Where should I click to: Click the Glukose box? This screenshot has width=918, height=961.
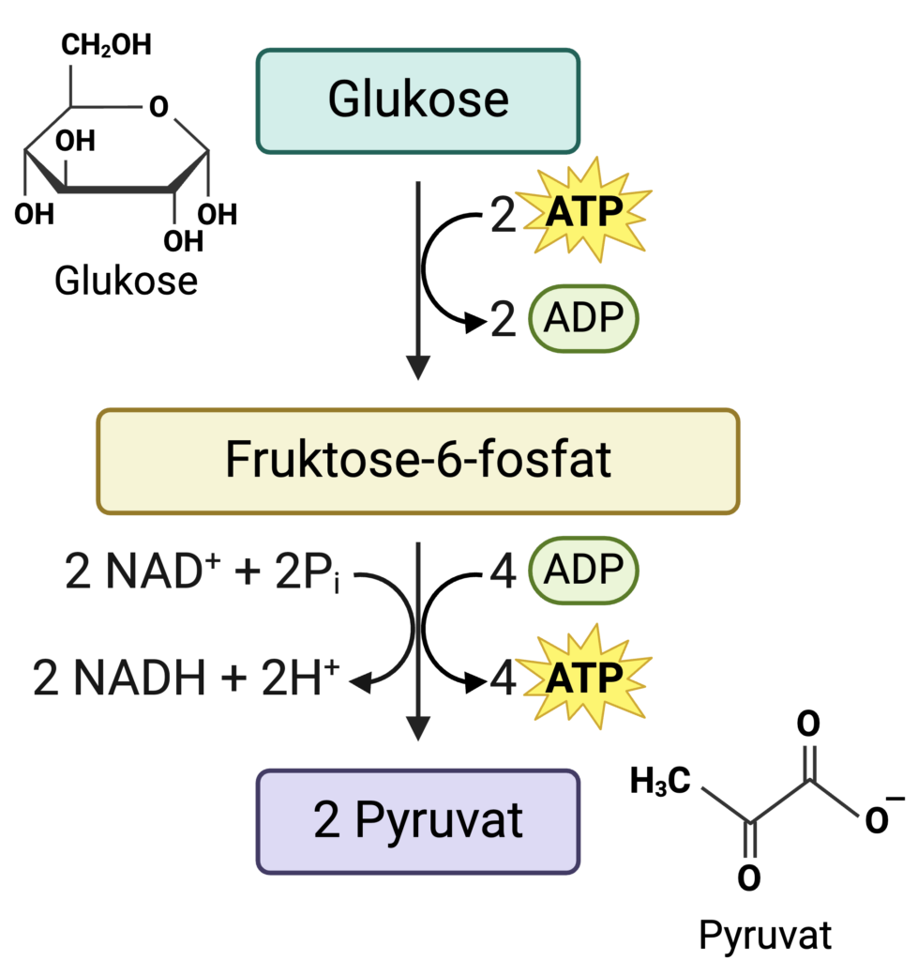pos(418,100)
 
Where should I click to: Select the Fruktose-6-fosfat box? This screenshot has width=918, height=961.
pos(418,461)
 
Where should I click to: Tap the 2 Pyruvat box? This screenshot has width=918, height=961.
pos(418,821)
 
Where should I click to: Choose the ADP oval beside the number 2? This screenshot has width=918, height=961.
pos(583,318)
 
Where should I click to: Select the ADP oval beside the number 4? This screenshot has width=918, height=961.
pos(583,570)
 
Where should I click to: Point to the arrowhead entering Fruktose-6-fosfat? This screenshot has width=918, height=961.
pos(417,369)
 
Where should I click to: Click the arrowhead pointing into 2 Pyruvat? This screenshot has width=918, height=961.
pos(417,729)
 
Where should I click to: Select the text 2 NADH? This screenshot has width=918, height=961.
pos(118,679)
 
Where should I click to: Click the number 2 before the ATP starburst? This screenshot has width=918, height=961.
pos(504,215)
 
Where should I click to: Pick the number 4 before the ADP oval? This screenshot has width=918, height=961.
pos(504,572)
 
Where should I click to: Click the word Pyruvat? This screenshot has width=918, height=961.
pos(438,821)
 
